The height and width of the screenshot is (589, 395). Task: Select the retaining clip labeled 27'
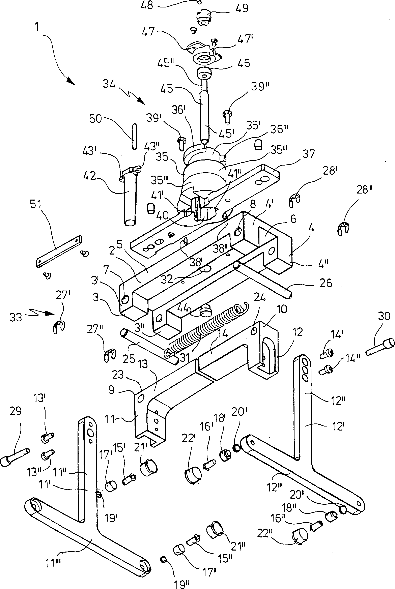click(x=59, y=327)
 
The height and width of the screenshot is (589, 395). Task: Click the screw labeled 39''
click(x=226, y=116)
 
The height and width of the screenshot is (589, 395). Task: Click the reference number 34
click(x=109, y=84)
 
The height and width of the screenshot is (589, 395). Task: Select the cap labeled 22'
click(x=193, y=475)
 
